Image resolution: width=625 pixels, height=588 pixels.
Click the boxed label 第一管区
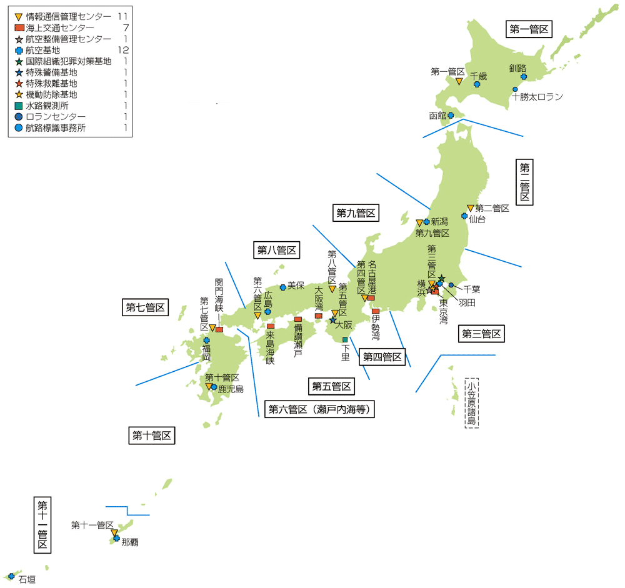coord(529,29)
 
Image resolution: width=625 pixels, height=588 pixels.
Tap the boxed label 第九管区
coord(356,213)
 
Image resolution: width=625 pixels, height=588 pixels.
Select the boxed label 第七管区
coord(146,307)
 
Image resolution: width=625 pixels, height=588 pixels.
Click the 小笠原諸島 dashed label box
coord(471,402)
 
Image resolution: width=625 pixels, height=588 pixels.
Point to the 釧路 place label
coord(518,67)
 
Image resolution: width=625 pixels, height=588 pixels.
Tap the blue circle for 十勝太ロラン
coord(515,89)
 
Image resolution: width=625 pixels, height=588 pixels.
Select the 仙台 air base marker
coord(464,216)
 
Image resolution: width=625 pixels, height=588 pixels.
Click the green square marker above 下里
coord(345,340)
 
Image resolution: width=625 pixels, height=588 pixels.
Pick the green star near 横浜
coord(441,278)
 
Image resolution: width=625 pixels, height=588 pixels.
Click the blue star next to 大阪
coord(333,320)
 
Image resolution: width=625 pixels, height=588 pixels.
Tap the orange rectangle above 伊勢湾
coord(376,311)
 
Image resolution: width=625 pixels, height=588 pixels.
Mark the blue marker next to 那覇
coord(116,538)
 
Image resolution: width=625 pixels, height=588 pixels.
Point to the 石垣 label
coord(27,580)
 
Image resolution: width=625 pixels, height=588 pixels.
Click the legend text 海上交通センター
coord(61,27)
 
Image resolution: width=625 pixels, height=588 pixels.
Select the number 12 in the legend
coord(122,50)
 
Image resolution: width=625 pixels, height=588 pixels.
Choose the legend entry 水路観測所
coord(47,106)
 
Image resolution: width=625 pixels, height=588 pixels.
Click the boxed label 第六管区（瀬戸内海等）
coord(321,410)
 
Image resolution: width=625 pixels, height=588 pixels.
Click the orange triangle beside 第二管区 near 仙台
coord(470,208)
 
